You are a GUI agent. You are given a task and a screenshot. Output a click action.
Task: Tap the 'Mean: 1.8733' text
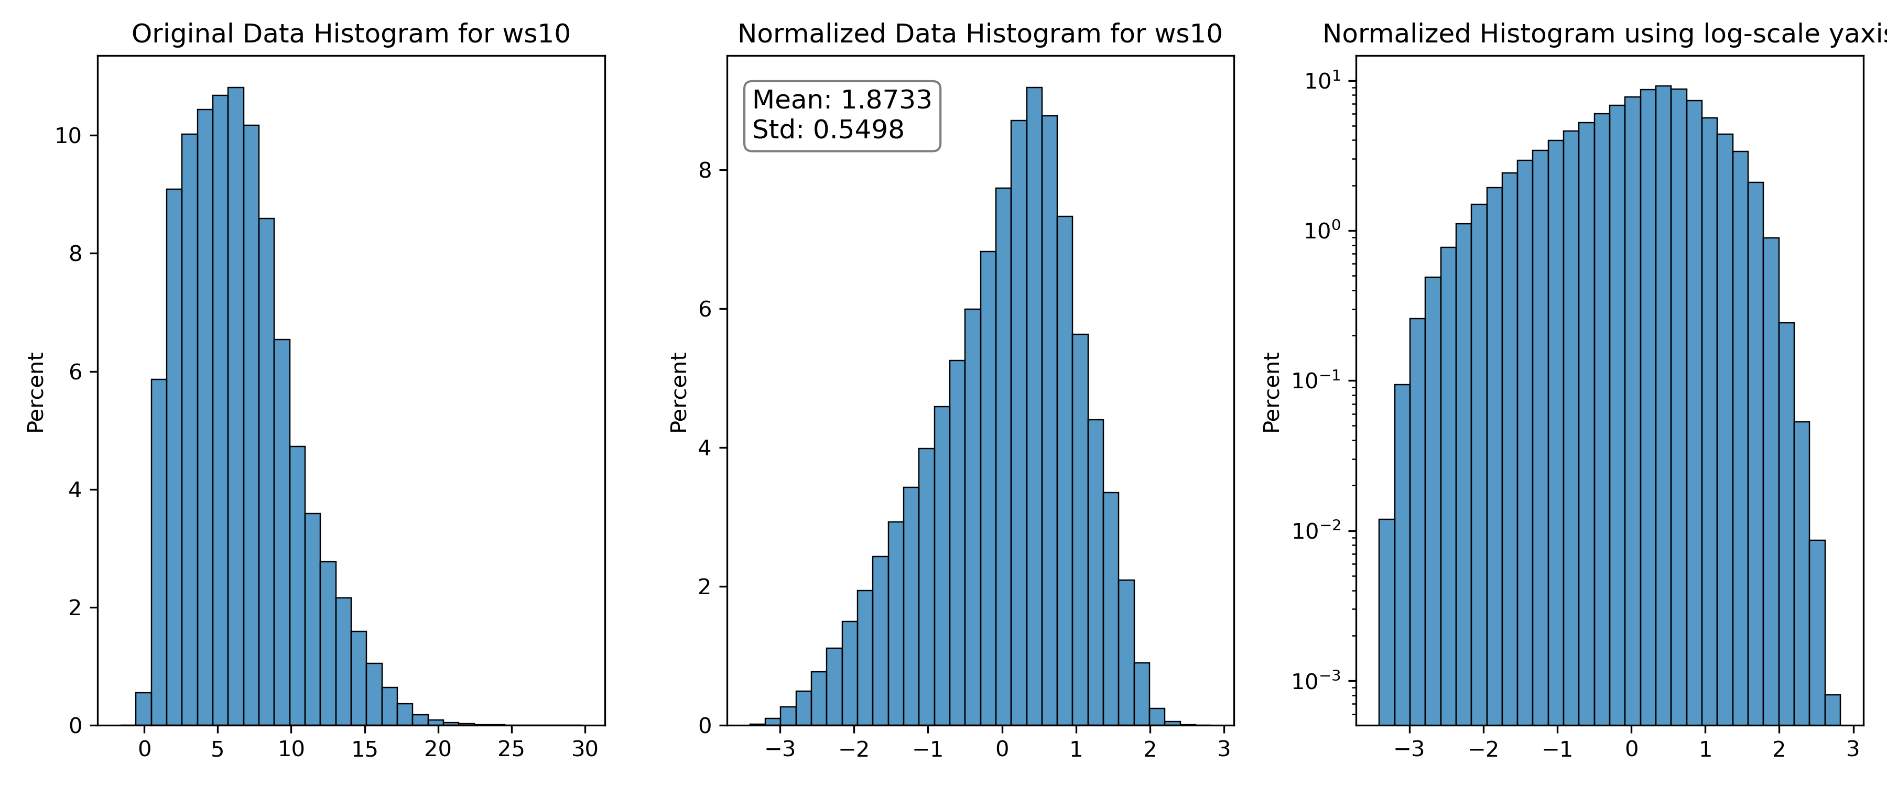pyautogui.click(x=842, y=100)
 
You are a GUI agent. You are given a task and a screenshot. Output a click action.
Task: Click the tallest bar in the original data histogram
pyautogui.click(x=236, y=407)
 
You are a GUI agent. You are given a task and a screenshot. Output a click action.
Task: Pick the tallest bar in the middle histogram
pyautogui.click(x=1034, y=407)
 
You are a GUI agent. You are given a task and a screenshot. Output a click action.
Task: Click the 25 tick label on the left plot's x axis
pyautogui.click(x=511, y=749)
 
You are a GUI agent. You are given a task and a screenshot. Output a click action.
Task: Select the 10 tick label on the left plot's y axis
pyautogui.click(x=68, y=136)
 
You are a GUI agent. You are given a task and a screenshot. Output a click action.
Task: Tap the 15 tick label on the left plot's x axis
pyautogui.click(x=365, y=749)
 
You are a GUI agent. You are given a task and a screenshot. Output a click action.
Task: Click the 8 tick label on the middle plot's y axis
pyautogui.click(x=704, y=170)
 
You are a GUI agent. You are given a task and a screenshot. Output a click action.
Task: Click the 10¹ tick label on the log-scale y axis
pyautogui.click(x=1322, y=80)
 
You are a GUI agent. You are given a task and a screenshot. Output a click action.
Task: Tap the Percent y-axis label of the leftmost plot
pyautogui.click(x=36, y=392)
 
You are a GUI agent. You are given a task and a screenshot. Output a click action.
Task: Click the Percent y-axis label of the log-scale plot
pyautogui.click(x=1272, y=392)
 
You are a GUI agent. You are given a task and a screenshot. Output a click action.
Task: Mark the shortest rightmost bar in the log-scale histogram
pyautogui.click(x=1832, y=710)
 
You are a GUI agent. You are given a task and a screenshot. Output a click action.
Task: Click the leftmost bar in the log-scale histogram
pyautogui.click(x=1386, y=622)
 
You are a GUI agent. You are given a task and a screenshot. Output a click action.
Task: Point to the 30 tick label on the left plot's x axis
pyautogui.click(x=584, y=749)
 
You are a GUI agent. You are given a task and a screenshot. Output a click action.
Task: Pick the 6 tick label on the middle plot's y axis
pyautogui.click(x=704, y=309)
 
